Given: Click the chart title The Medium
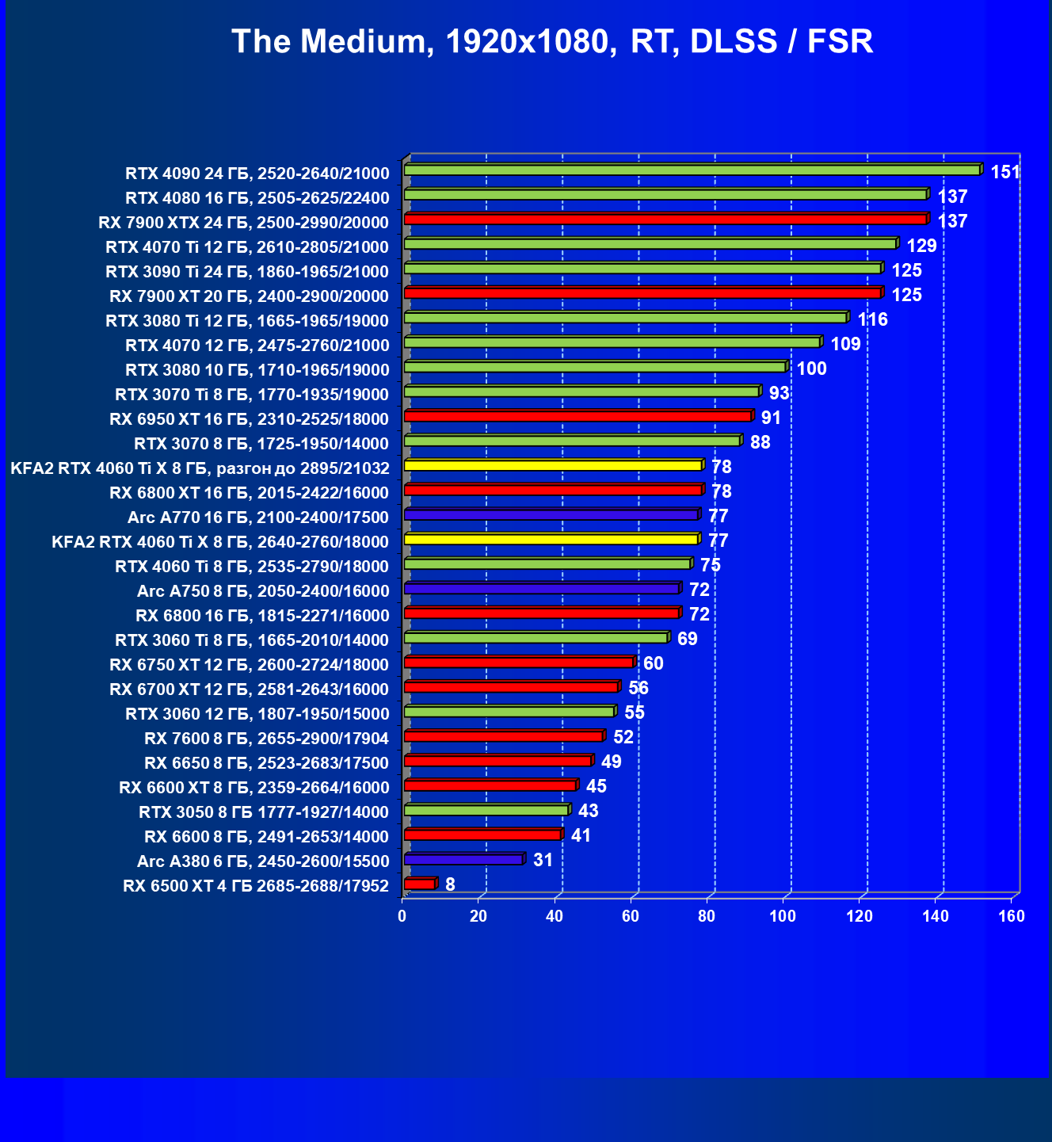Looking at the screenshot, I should (552, 41).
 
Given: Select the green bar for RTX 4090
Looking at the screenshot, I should (692, 170).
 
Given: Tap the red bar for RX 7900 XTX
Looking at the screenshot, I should (665, 219).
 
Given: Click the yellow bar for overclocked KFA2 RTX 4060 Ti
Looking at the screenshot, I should (553, 465).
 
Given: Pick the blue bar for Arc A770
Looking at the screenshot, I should (551, 514).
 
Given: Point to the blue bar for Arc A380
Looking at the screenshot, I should (463, 859).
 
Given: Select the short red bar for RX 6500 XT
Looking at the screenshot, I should (419, 884).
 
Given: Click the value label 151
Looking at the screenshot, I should (1005, 172).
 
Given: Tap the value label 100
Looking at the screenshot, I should (811, 369).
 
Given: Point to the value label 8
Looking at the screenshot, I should (450, 884).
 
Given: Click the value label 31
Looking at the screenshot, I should (543, 860).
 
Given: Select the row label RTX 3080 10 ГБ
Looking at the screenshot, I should (257, 370).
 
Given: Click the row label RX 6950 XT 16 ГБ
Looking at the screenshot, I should (250, 419).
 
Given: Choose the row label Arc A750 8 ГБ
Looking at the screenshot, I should (263, 591).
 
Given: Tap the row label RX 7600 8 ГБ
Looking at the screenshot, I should (267, 739).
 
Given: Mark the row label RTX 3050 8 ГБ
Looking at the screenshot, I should (264, 812).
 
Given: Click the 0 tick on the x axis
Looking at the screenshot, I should (402, 917).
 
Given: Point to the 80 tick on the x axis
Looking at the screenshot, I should (707, 917).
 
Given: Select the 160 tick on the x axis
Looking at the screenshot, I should (1012, 917).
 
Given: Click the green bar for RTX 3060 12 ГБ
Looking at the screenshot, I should (509, 712).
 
